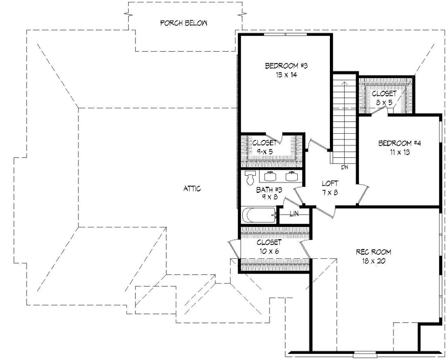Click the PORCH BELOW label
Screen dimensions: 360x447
click(184, 23)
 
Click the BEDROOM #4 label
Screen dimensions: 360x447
click(400, 143)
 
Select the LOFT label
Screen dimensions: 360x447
click(330, 184)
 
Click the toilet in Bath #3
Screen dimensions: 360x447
click(250, 178)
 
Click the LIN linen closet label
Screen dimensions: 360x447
click(294, 214)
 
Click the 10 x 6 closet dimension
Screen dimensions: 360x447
click(269, 252)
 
